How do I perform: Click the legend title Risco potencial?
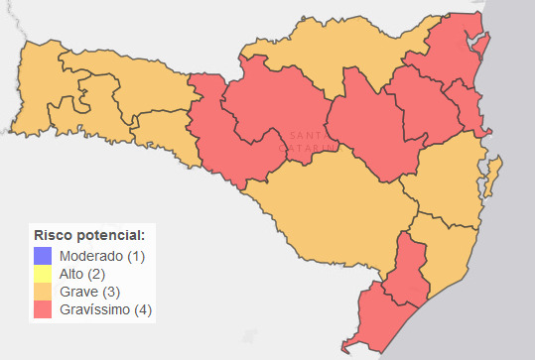[89, 236]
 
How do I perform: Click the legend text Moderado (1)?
[102, 256]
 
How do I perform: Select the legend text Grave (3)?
[90, 292]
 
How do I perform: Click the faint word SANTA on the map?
[305, 135]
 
